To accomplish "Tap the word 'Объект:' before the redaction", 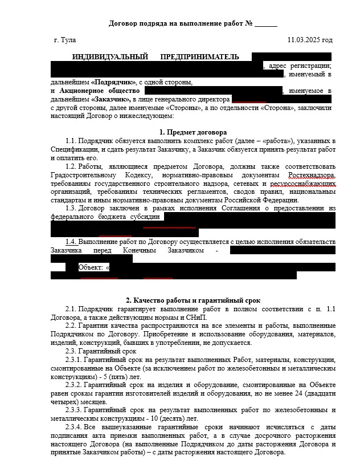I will coord(91,267).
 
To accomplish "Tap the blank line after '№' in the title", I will coord(265,24).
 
